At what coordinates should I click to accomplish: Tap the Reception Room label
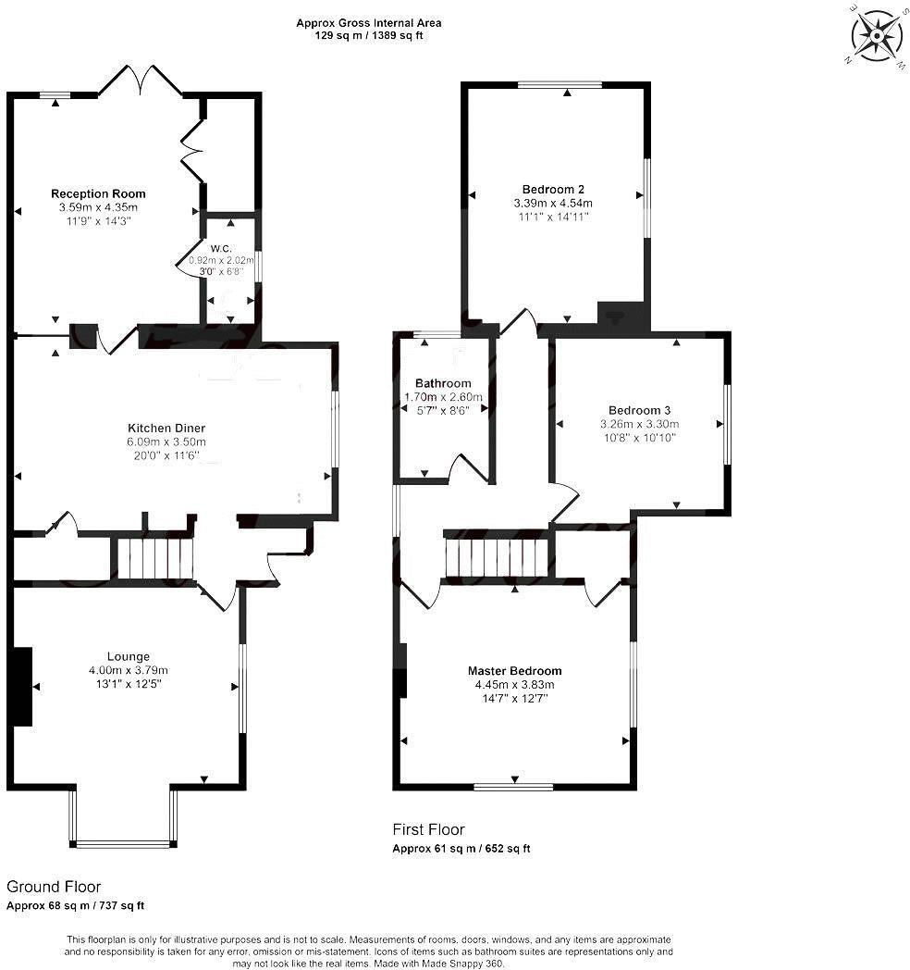(98, 193)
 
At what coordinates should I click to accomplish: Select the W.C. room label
(220, 248)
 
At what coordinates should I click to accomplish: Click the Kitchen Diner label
(166, 428)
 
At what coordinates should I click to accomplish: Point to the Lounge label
(128, 656)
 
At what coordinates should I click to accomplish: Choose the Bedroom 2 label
(552, 189)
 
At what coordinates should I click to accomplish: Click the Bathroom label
(443, 383)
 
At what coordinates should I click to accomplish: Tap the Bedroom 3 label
(639, 410)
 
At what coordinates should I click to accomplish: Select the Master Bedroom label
(514, 671)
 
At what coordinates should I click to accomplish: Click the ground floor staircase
(154, 558)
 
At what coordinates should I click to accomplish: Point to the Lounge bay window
(123, 842)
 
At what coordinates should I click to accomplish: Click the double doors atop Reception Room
(141, 81)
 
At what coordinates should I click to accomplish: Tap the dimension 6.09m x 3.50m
(166, 441)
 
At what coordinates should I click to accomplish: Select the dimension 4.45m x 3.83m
(514, 685)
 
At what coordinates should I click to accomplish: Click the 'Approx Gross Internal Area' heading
(369, 22)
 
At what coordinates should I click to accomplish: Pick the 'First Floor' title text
(429, 829)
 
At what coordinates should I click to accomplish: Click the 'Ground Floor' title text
(54, 887)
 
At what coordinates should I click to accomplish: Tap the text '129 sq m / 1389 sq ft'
(369, 35)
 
